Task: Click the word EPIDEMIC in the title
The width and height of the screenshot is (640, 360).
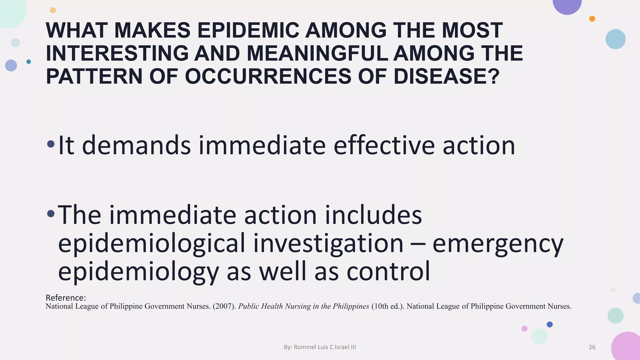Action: [248, 31]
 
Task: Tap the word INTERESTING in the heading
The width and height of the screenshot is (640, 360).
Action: [117, 53]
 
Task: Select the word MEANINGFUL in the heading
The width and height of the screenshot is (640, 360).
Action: [317, 53]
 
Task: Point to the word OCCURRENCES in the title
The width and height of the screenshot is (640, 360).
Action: [268, 77]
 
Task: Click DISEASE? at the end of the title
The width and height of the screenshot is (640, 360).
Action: [447, 77]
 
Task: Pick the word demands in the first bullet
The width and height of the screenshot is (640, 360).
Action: [136, 145]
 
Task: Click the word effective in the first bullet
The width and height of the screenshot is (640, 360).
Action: [384, 145]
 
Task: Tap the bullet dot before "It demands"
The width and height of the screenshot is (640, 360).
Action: [51, 144]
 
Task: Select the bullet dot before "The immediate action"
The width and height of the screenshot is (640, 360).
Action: [51, 214]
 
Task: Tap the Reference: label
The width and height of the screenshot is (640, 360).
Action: [66, 297]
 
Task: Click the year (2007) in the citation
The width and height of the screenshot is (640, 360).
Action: [224, 306]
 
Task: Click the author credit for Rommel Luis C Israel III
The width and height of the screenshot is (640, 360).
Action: [320, 347]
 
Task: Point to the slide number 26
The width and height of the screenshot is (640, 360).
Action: [592, 347]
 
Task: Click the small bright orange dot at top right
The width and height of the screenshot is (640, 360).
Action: [592, 19]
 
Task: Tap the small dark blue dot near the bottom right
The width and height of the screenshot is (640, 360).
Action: [550, 324]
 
